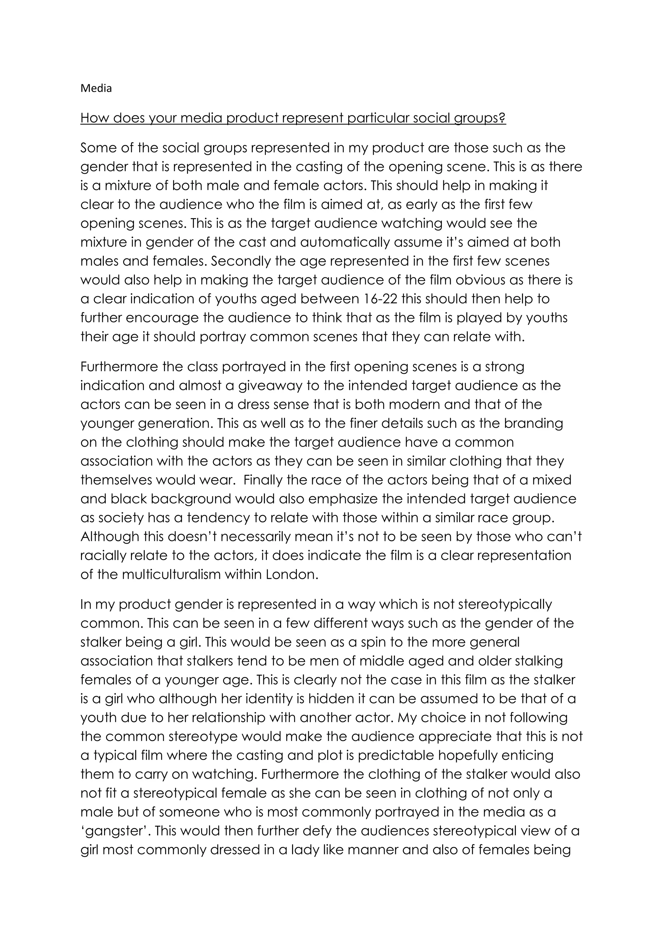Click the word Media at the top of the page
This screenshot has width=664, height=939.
(96, 88)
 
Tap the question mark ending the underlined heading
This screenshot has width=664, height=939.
(503, 118)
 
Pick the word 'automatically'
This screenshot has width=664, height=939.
(346, 243)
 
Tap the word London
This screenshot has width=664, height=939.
(291, 575)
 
